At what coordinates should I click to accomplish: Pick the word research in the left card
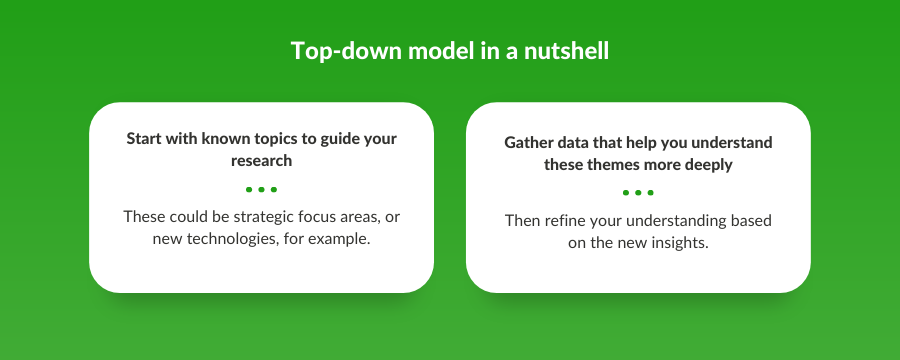[261, 160]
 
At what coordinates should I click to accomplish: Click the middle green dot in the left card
[261, 189]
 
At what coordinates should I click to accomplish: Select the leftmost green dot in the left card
[248, 189]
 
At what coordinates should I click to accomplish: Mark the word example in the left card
[338, 240]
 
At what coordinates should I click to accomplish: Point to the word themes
[619, 164]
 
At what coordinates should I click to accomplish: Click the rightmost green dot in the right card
[651, 192]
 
